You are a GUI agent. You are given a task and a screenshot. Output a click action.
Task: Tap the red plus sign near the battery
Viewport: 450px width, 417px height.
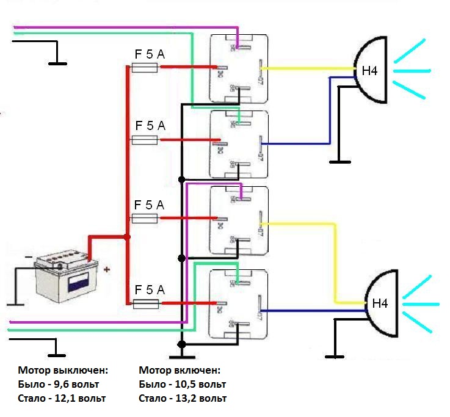click(107, 269)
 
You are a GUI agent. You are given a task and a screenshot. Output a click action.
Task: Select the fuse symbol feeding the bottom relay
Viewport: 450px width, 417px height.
click(145, 303)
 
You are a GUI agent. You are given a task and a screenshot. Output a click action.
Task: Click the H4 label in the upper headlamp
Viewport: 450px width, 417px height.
click(370, 71)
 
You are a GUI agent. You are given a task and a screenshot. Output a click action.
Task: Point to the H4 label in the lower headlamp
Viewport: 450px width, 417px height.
click(380, 302)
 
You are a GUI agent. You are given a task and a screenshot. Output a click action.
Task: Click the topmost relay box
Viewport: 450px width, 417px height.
click(239, 68)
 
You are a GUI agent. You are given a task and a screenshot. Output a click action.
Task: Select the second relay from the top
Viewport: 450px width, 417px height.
click(239, 143)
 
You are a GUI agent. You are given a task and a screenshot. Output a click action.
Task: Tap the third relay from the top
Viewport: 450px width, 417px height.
click(239, 220)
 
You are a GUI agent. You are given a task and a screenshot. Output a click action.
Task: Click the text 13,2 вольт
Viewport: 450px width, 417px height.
click(200, 399)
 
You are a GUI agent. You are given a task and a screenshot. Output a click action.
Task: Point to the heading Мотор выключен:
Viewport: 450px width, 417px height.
click(63, 370)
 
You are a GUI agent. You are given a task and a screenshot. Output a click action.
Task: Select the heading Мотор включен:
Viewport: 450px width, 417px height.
click(179, 370)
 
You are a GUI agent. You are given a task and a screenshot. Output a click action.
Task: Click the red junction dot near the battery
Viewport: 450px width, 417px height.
click(127, 237)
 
